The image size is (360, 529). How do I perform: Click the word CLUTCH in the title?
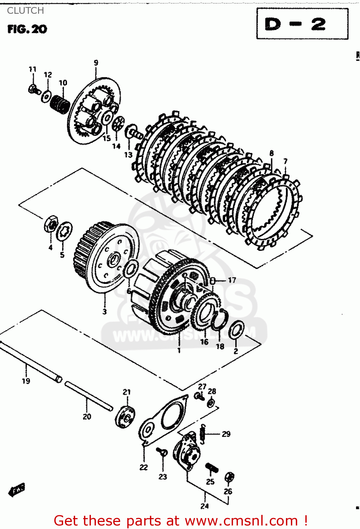click(x=25, y=11)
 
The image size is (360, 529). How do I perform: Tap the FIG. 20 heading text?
click(x=27, y=29)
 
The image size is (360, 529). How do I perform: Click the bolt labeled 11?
click(x=33, y=89)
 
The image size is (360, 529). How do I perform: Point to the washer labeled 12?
click(x=46, y=96)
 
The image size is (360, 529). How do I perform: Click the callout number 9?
click(x=96, y=63)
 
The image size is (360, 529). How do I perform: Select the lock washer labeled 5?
click(x=65, y=231)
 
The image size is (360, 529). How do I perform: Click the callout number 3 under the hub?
click(x=104, y=311)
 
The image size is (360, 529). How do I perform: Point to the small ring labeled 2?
click(x=236, y=329)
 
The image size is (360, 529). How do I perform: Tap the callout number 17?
click(x=232, y=280)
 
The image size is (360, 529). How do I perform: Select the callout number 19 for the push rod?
click(x=26, y=381)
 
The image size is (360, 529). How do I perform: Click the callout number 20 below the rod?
click(x=87, y=416)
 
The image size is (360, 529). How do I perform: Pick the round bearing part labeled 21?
click(x=125, y=417)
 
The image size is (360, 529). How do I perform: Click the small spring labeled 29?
click(x=203, y=434)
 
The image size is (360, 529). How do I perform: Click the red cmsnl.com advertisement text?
click(x=181, y=521)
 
